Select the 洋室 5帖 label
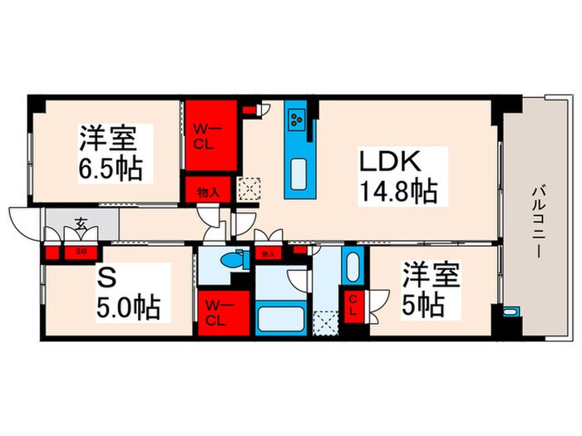(x=432, y=289)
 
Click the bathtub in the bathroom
(x=282, y=320)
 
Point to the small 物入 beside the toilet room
(x=268, y=253)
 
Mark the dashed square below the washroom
(x=324, y=319)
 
